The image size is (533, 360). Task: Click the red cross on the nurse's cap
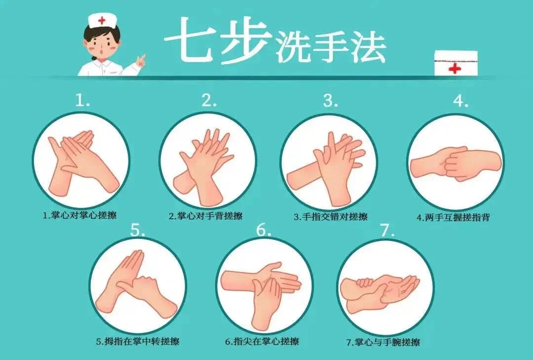[x=102, y=21]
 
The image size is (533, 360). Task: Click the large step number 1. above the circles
[x=82, y=100]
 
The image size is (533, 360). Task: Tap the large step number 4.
[x=460, y=101]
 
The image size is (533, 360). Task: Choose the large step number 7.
[x=387, y=230]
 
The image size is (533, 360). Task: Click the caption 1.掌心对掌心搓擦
[x=79, y=215]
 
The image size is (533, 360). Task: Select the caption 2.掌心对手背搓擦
[x=206, y=216]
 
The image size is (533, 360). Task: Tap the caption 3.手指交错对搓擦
[x=330, y=217]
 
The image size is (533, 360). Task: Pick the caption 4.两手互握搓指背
[x=454, y=217]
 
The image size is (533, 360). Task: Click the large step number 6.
[x=264, y=230]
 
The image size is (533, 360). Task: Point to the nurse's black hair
[x=102, y=34]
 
